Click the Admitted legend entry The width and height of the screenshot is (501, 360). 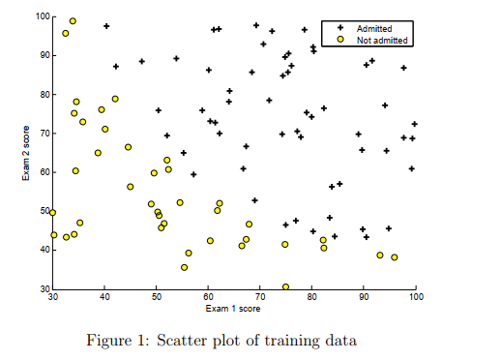pos(374,29)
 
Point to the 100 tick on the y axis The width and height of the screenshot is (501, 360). pos(43,16)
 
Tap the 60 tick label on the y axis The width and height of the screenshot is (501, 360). pos(44,172)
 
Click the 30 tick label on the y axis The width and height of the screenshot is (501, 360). pos(44,288)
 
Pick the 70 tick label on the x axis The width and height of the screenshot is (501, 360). pos(260,297)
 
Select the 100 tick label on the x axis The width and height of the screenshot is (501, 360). pos(416,297)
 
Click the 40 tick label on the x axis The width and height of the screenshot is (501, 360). pos(104,297)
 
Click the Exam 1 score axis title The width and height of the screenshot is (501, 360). pos(233,309)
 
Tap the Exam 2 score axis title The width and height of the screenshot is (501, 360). pos(26,153)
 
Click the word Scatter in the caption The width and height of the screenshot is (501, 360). pos(182,341)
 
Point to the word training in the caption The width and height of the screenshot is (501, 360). pos(292,342)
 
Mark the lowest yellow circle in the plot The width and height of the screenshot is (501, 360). pos(285,286)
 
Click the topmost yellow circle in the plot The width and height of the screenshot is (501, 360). pos(73,21)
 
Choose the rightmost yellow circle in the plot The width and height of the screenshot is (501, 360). pos(395,257)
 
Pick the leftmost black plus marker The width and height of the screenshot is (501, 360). pos(106,26)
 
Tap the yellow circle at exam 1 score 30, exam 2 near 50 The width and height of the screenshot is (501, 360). pos(52,213)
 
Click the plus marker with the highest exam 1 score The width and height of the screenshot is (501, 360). pos(415,124)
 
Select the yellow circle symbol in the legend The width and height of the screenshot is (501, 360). pos(340,40)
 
